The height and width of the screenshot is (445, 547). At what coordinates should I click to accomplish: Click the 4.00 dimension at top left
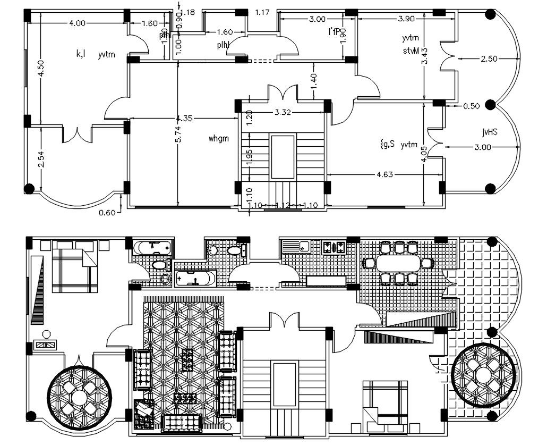[x=77, y=23]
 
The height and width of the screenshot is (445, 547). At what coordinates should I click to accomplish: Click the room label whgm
[x=218, y=139]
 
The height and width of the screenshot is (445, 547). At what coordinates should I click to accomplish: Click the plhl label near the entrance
[x=223, y=46]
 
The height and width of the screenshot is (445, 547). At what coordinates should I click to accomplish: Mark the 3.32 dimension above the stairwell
[x=281, y=112]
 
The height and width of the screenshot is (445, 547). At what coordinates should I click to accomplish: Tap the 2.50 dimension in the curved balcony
[x=488, y=58]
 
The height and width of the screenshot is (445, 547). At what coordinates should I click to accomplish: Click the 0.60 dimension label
[x=107, y=214]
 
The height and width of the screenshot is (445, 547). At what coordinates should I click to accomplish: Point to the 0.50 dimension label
[x=471, y=106]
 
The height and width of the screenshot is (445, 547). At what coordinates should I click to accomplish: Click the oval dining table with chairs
[x=398, y=263]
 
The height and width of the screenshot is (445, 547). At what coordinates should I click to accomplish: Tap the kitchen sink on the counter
[x=304, y=247]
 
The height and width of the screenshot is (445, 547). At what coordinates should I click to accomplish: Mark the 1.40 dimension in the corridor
[x=314, y=80]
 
